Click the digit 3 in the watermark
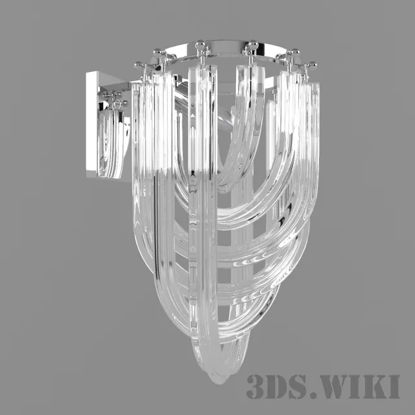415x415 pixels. [x=256, y=386]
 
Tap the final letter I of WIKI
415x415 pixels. [x=394, y=386]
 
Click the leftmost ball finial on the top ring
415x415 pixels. [x=138, y=65]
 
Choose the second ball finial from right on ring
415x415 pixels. [x=292, y=53]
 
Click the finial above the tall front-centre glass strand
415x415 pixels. [x=200, y=46]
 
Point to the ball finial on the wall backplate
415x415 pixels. [x=115, y=96]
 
